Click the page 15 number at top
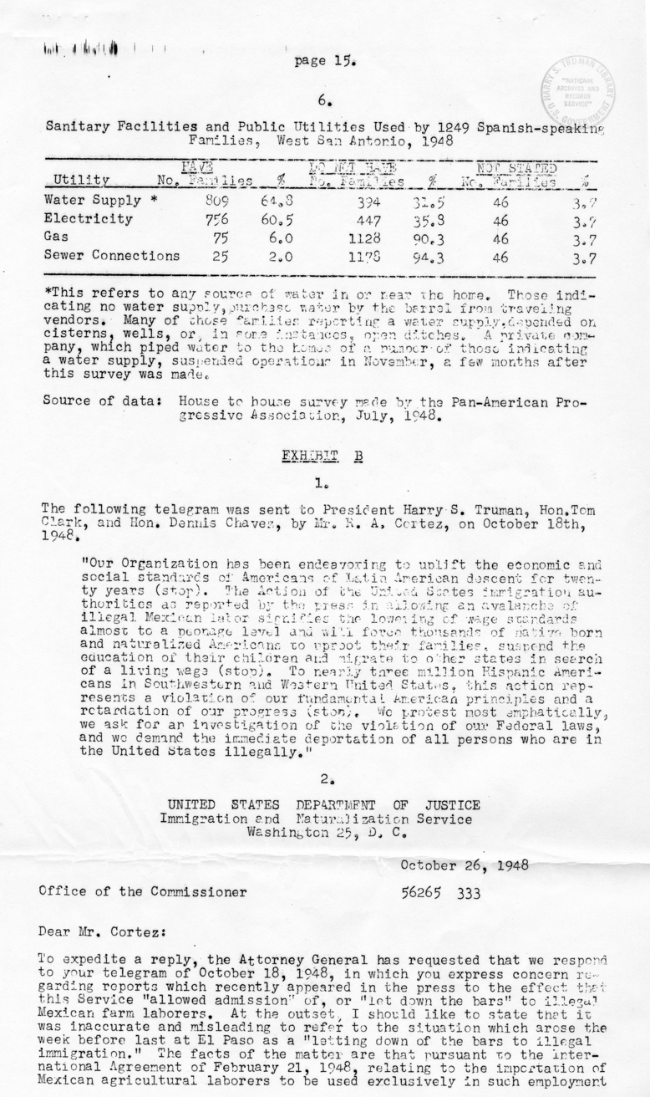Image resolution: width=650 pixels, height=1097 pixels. (325, 60)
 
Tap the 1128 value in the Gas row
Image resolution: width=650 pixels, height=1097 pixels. (366, 238)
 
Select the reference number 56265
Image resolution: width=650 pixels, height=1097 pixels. (424, 892)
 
